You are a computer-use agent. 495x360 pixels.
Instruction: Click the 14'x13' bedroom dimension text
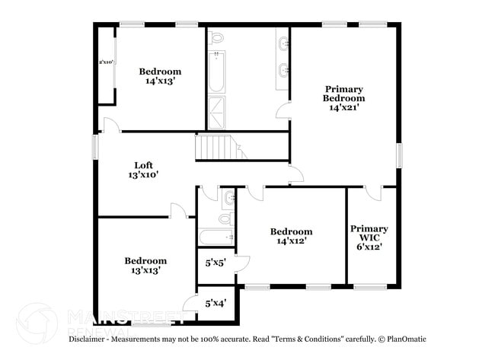click(x=160, y=82)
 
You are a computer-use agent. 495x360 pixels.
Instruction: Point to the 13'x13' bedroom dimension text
click(x=145, y=270)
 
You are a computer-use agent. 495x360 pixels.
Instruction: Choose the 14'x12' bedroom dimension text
click(x=291, y=241)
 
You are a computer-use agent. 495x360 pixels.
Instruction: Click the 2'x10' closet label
click(x=106, y=62)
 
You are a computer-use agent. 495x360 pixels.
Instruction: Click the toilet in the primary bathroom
click(x=216, y=37)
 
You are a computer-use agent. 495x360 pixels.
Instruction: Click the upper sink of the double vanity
click(x=283, y=43)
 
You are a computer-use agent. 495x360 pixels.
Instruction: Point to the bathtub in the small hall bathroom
click(x=216, y=237)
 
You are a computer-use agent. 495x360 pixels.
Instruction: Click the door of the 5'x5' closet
click(x=243, y=264)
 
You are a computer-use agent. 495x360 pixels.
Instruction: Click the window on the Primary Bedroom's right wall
click(x=398, y=155)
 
